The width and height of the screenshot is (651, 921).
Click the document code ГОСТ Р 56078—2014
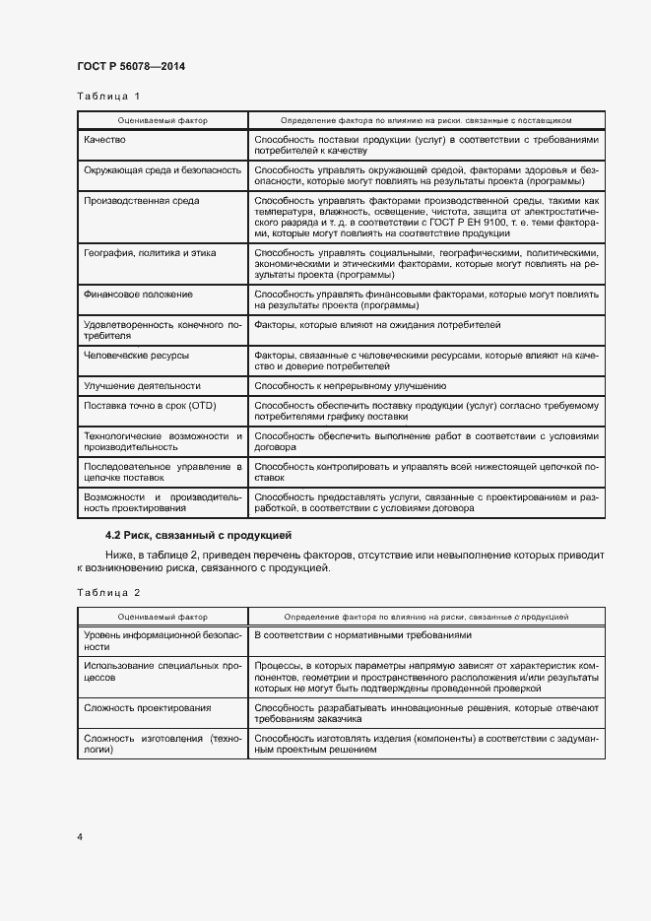point(131,66)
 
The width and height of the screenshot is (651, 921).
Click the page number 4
point(80,836)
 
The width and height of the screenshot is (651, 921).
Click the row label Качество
point(105,141)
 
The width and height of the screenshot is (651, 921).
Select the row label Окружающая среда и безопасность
point(163,170)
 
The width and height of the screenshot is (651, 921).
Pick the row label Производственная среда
point(142,200)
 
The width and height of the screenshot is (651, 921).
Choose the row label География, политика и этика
point(153,253)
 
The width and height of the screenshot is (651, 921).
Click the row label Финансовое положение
point(139,295)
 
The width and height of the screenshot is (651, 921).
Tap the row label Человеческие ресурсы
point(137,354)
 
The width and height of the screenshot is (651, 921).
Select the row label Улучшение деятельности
point(142,385)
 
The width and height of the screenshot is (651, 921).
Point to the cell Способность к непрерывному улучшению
point(351,385)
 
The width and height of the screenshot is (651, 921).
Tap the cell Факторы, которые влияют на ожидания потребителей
point(377,324)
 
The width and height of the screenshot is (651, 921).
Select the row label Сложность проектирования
point(148,708)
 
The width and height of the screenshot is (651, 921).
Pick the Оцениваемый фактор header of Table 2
point(163,616)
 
